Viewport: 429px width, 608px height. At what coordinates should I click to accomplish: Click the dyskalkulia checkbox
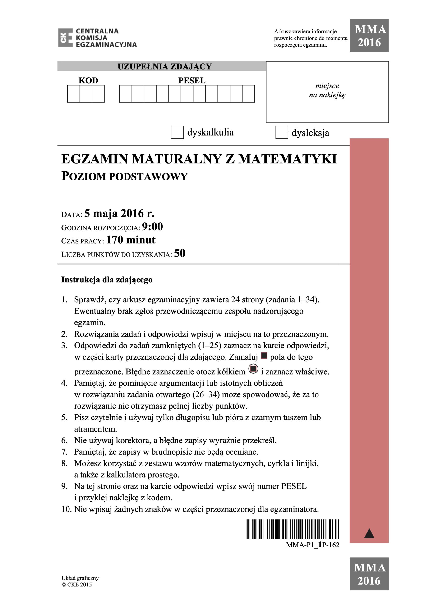pos(177,132)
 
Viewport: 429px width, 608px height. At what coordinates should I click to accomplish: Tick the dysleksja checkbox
pos(281,132)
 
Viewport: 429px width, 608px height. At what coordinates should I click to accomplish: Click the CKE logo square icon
pos(65,38)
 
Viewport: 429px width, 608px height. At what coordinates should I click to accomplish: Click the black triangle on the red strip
pos(369,533)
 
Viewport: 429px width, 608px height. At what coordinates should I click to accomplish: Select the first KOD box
pos(74,94)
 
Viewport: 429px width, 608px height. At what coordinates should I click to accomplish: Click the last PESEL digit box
pos(248,94)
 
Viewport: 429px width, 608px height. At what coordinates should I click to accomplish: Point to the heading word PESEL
pos(192,81)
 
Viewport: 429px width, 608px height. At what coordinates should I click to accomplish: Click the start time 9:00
pos(152,227)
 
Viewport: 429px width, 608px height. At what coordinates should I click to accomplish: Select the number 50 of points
pos(180,253)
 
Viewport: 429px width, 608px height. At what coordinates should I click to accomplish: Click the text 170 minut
pos(131,240)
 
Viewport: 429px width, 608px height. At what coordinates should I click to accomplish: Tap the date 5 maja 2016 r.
pos(119,214)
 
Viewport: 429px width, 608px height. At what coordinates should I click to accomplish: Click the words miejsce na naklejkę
pos(327,90)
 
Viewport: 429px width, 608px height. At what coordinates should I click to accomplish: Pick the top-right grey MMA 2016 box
pos(369,35)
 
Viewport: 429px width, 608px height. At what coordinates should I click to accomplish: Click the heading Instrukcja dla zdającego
pos(107,280)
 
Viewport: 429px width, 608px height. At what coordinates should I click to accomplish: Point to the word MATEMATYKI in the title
pos(287,159)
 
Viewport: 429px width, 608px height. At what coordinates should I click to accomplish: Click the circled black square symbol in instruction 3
pos(253,368)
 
